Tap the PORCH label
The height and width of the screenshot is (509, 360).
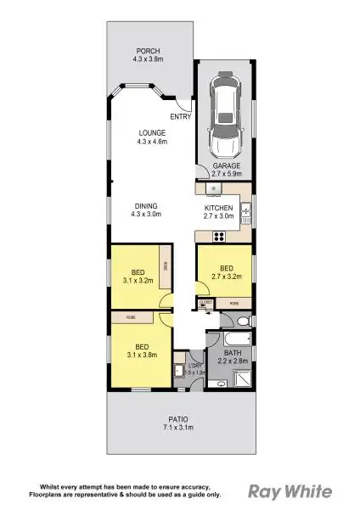[x=143, y=49]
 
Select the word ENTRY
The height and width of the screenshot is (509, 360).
[x=179, y=116]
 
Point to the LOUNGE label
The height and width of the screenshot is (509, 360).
[x=154, y=132]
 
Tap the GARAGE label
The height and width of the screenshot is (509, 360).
[x=227, y=165]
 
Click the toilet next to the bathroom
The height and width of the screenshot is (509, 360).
[x=241, y=321]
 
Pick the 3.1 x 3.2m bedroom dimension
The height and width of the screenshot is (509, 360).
[x=137, y=279]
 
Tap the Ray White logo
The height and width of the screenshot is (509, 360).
[x=288, y=490]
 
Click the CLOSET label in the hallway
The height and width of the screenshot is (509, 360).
[x=205, y=301]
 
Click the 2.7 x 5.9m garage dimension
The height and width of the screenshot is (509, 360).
[x=227, y=173]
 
